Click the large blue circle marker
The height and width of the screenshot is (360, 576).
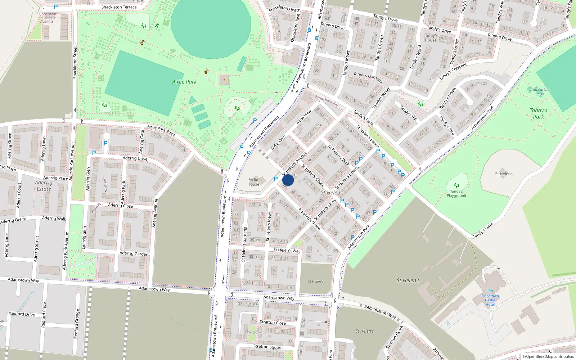[288, 180]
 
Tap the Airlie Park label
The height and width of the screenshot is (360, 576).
[184, 82]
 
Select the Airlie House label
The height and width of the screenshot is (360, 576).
[253, 182]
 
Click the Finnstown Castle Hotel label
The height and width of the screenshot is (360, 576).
[490, 300]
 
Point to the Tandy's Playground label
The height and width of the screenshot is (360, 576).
[456, 194]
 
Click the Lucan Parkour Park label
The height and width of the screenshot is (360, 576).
[539, 92]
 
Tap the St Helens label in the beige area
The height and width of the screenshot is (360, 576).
[504, 174]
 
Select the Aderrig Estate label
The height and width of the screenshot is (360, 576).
[44, 186]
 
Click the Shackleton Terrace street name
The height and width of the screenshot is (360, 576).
[119, 7]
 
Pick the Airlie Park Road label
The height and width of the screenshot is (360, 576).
[161, 130]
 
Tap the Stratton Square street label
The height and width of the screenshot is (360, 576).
[268, 347]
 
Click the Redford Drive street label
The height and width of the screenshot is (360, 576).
[22, 314]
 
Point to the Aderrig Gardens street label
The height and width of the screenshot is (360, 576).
[135, 253]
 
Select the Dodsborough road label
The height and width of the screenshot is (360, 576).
[326, 100]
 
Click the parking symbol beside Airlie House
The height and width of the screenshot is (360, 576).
[276, 179]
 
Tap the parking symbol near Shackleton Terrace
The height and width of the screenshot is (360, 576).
[56, 7]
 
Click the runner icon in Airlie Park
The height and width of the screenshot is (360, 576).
[157, 25]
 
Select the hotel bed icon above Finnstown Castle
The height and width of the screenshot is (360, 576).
[490, 291]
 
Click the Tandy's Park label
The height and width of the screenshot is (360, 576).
[539, 113]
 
